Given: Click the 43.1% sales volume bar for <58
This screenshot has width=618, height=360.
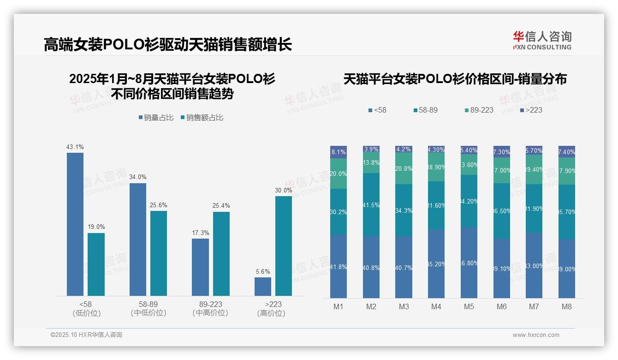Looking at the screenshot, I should coord(75,224).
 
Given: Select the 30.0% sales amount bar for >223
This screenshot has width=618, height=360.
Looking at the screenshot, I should coord(284,246).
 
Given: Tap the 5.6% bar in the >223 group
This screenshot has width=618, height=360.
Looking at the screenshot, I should coord(263,286).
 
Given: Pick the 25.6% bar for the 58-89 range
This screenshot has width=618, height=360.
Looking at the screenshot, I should coord(159,253).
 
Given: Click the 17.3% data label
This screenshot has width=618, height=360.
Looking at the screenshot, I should coord(200,233).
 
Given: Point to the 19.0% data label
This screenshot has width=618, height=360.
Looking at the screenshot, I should coord(96,227).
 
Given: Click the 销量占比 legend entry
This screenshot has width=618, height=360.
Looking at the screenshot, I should coord(156,118).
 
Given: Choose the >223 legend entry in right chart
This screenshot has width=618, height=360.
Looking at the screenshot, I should coord(531,110).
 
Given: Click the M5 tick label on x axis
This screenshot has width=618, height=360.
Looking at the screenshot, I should coord(469,307).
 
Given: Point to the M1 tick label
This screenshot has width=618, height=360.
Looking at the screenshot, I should coord(339,307).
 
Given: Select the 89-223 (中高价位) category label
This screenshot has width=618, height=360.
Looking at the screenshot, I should coord(210,309).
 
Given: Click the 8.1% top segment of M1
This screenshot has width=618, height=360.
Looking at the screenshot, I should coord(339,152).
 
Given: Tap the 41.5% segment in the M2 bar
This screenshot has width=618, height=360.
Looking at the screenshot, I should coord(371,204).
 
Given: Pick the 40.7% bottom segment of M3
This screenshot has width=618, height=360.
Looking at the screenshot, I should coord(404,267).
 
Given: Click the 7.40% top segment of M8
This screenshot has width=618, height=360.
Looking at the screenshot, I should coord(567,151).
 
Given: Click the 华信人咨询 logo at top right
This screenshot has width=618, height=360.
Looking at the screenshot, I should coord(542,40).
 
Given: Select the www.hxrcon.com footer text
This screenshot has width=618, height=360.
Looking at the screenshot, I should coord(536,335).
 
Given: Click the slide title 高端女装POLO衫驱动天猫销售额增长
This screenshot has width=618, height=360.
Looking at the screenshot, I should coord(168,45).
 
